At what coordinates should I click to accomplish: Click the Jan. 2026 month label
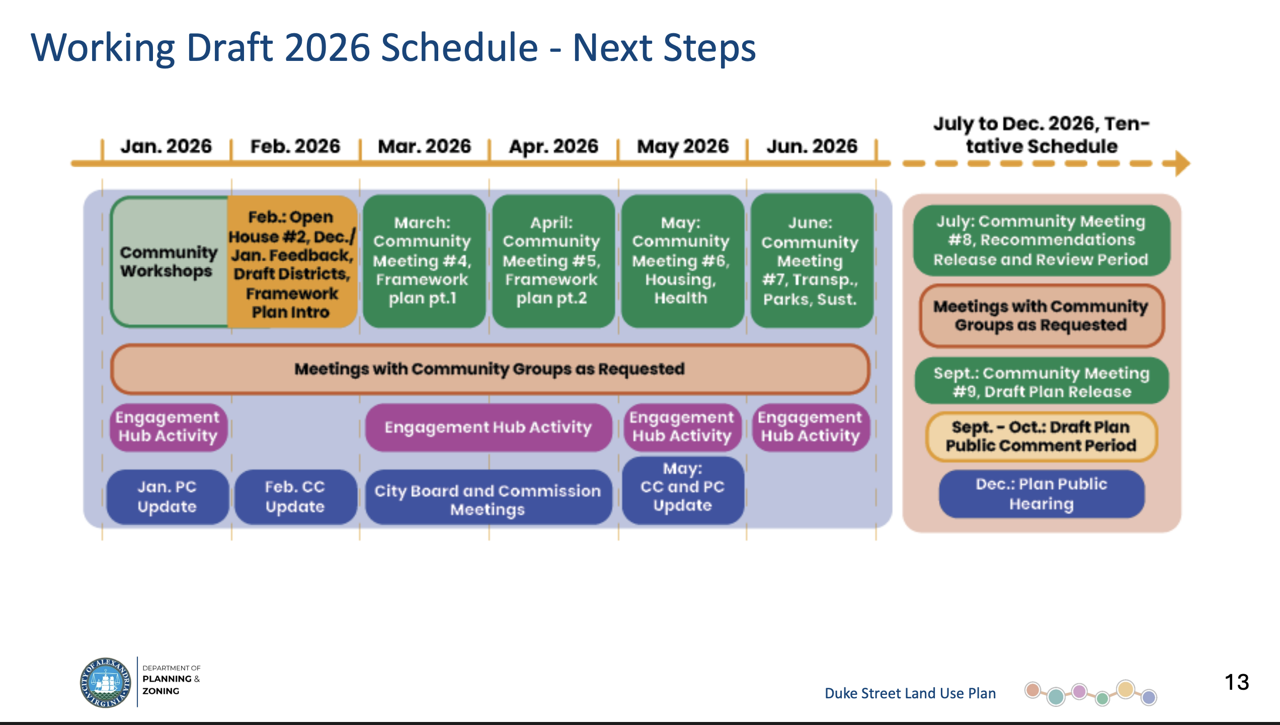click(166, 147)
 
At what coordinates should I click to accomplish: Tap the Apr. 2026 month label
click(553, 147)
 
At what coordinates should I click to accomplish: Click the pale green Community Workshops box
click(169, 262)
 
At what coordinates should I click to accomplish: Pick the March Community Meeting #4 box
click(423, 261)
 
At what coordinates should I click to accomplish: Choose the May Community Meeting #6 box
click(681, 261)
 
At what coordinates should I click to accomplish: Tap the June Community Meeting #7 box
click(811, 261)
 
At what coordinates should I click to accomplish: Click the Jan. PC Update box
click(167, 496)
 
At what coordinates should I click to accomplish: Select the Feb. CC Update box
click(295, 496)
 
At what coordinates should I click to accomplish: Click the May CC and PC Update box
click(682, 489)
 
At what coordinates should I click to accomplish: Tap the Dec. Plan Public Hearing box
click(1042, 493)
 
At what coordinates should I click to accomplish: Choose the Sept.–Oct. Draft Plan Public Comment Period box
click(1041, 436)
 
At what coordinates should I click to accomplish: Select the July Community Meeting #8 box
click(1041, 240)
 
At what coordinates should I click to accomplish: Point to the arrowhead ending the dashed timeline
click(1182, 163)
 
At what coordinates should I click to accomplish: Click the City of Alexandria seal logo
click(106, 683)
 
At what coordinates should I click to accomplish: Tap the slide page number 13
click(1236, 682)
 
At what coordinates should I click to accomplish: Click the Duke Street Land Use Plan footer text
click(910, 693)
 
